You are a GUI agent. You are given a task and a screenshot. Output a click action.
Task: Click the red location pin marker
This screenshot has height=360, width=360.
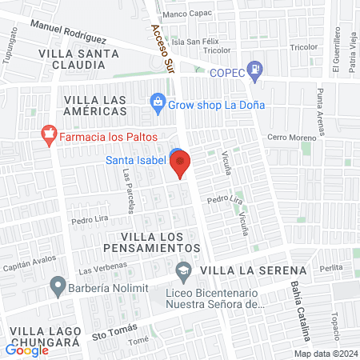click(x=181, y=163)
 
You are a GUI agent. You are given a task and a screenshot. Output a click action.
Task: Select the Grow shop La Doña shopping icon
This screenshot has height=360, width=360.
click(x=158, y=102)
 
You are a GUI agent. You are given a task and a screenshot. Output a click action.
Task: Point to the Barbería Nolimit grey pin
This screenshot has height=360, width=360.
click(x=58, y=284)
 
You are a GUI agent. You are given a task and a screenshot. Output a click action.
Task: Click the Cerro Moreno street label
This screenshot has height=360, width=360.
click(x=292, y=138)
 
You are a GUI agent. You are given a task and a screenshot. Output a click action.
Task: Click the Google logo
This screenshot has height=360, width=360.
click(x=27, y=350)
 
